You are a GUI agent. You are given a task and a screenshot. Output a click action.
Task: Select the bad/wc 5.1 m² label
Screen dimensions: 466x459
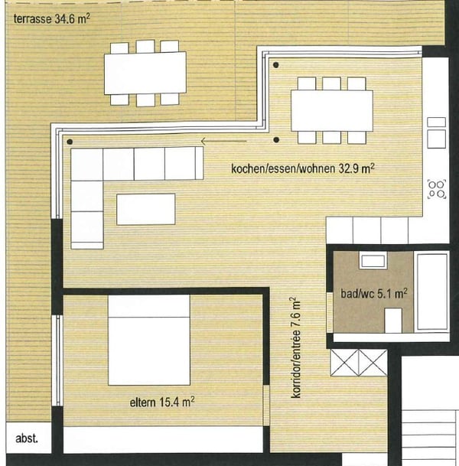coord(373,292)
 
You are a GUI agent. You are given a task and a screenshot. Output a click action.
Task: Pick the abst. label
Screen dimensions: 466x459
coord(27,440)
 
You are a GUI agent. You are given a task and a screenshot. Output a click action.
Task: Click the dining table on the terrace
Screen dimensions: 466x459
coord(145,73)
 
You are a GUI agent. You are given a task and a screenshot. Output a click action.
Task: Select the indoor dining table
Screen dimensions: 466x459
coord(331,110)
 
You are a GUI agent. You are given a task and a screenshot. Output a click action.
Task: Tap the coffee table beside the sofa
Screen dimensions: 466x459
coord(145,209)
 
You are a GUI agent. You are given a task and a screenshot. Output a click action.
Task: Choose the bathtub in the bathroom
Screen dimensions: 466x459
coord(432,292)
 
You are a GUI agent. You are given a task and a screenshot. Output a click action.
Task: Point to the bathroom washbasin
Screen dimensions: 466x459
coord(373,261)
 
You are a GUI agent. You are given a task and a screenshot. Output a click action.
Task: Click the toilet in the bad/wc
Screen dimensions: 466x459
coord(393,319)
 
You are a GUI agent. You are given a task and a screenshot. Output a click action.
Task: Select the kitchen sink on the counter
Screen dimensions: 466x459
coord(437,132)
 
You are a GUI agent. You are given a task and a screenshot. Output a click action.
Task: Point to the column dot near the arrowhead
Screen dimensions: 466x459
coord(275,140)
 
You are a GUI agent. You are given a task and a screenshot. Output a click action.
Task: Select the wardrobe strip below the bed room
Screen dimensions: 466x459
coord(164,439)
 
